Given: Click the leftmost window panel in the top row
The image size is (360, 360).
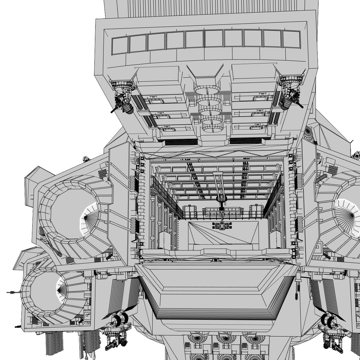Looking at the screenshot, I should point(120,45).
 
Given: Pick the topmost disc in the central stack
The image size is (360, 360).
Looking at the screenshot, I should point(207,90).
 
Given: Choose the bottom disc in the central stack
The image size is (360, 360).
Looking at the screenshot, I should point(213,128).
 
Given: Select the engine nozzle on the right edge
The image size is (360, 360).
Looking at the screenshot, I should point(348,217).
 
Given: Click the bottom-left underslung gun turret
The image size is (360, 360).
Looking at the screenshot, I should point(115,340).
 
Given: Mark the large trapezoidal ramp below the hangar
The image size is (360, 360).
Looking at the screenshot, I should point(217,290).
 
